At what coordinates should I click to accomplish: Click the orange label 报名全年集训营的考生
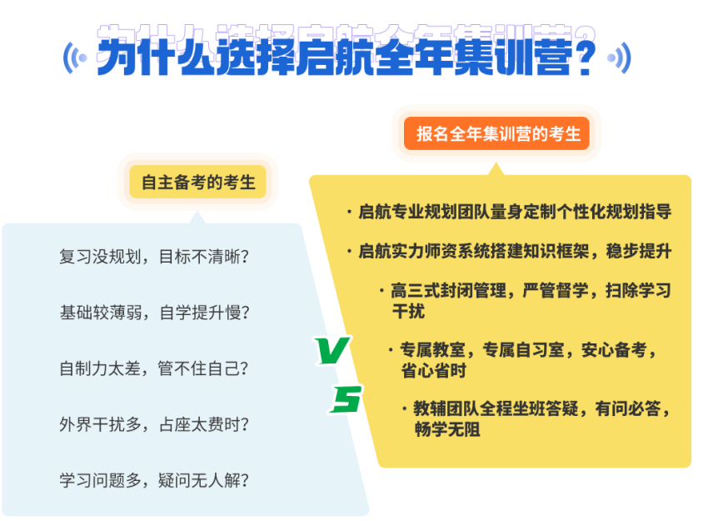pyautogui.click(x=496, y=133)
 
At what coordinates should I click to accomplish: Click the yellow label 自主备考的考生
pyautogui.click(x=197, y=182)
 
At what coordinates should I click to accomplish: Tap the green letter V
pyautogui.click(x=333, y=350)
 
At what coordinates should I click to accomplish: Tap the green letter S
pyautogui.click(x=346, y=399)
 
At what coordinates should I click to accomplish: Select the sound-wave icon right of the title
pyautogui.click(x=619, y=58)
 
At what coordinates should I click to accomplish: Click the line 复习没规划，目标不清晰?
pyautogui.click(x=154, y=256)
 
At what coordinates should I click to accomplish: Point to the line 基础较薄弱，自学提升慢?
pyautogui.click(x=154, y=313)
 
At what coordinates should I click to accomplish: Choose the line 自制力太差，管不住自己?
pyautogui.click(x=154, y=368)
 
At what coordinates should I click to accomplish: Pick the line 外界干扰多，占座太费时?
pyautogui.click(x=154, y=424)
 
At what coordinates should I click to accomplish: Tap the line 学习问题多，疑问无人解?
pyautogui.click(x=154, y=480)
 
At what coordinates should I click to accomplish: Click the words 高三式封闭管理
pyautogui.click(x=448, y=290)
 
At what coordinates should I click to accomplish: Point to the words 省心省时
pyautogui.click(x=433, y=370)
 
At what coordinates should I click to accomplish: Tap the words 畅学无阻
pyautogui.click(x=447, y=429)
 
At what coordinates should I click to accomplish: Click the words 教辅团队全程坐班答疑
pyautogui.click(x=496, y=408)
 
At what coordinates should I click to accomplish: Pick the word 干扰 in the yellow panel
pyautogui.click(x=408, y=311)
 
